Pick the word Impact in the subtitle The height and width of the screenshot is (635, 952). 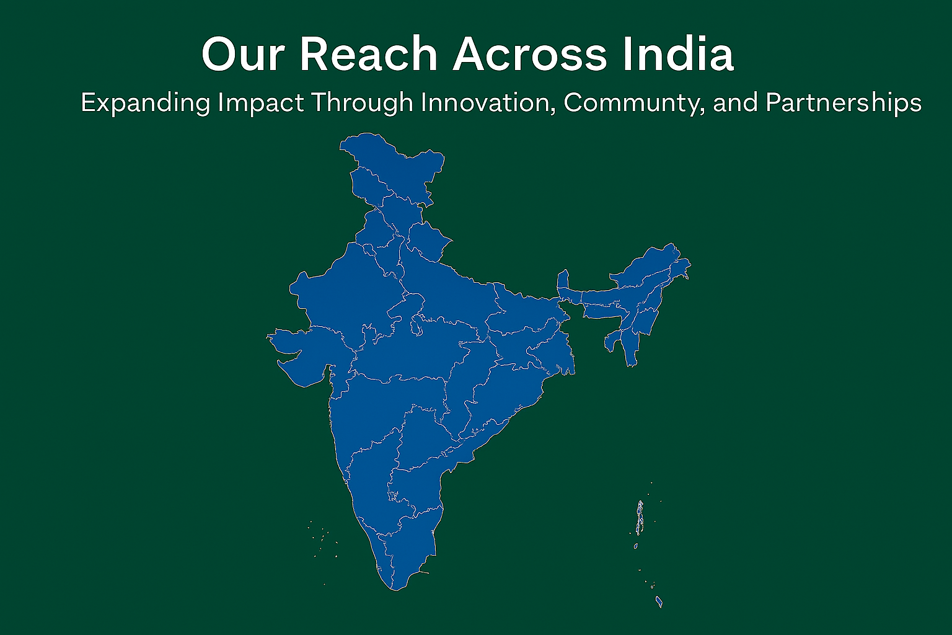(260, 103)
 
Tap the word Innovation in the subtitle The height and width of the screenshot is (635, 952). (488, 103)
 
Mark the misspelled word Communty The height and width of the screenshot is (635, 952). (633, 103)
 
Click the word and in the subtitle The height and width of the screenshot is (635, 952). (736, 103)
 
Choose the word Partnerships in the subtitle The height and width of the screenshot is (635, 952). (844, 103)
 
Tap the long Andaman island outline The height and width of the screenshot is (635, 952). (639, 518)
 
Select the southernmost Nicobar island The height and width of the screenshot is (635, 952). (659, 602)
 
